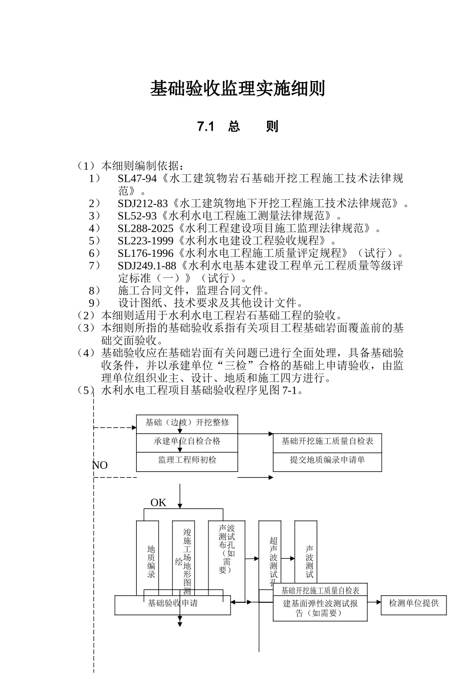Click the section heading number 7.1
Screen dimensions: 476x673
[x=205, y=127]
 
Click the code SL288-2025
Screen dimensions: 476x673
[x=145, y=229]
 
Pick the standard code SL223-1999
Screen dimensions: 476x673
[x=145, y=241]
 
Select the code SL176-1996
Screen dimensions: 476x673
[x=145, y=254]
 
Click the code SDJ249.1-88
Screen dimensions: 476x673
[x=147, y=266]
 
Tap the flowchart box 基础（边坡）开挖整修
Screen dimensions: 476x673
[x=187, y=423]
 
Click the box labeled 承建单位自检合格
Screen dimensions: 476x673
[x=187, y=442]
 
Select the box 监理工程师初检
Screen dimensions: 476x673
[x=187, y=460]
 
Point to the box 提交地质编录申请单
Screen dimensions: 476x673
[x=327, y=460]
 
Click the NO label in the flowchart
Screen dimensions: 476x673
[x=100, y=465]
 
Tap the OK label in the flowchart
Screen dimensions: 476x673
[x=158, y=503]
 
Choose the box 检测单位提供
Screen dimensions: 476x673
[x=413, y=604]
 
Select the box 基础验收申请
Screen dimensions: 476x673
[x=172, y=604]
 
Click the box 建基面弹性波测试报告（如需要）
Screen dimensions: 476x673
[x=321, y=608]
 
